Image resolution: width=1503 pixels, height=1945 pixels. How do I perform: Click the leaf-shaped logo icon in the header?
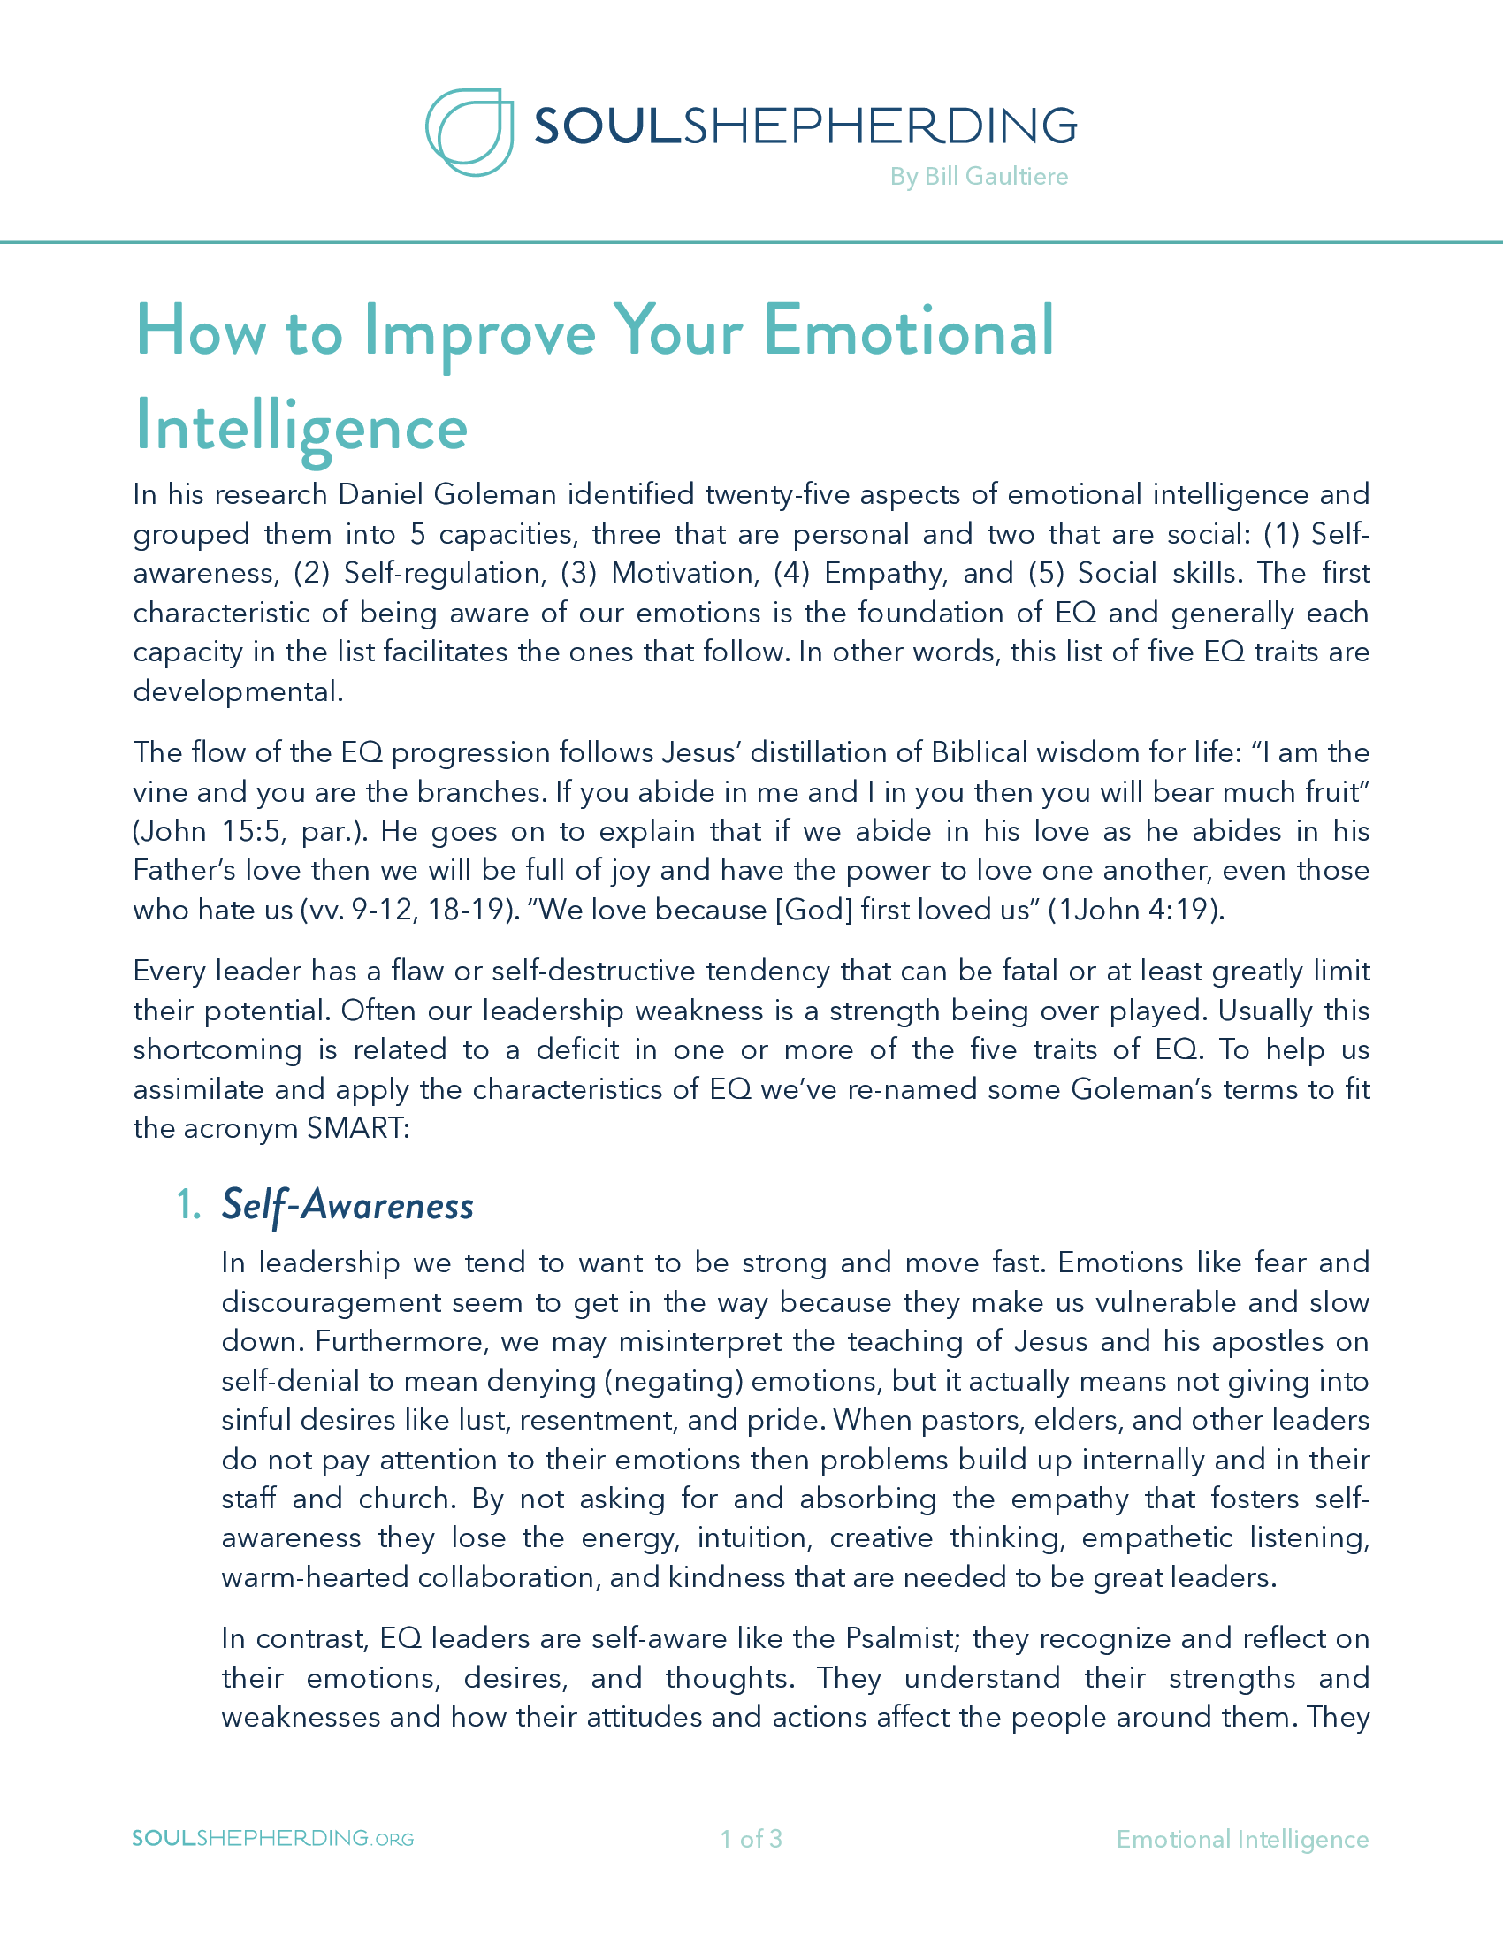coord(469,132)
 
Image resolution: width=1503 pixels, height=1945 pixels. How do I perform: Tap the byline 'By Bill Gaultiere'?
coord(979,176)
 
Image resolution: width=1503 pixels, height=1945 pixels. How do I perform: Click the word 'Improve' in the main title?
coord(479,332)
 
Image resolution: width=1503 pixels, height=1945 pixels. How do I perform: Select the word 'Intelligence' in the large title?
coord(301,428)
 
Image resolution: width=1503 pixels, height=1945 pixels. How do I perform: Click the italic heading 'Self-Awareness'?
coord(347,1205)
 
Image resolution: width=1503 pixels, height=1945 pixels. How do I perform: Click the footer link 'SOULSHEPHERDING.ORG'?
coord(272,1839)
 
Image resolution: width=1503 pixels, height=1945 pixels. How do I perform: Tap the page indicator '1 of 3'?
coord(751,1839)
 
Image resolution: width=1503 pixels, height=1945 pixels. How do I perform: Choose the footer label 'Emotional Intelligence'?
coord(1242,1839)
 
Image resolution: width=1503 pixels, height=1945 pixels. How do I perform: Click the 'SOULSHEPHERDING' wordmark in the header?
coord(805,126)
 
